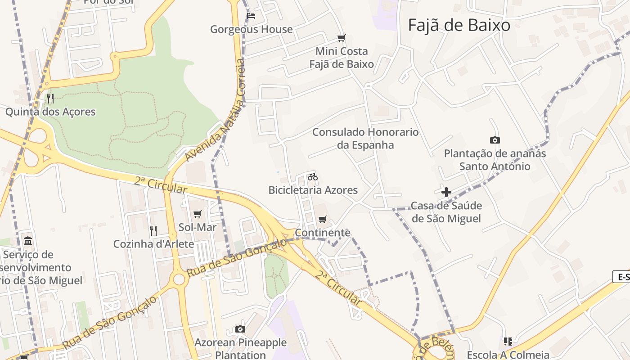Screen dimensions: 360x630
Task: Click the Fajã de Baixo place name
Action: (x=459, y=25)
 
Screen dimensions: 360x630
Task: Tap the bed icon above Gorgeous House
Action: (x=252, y=16)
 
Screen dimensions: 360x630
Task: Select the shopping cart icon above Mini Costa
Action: (x=342, y=38)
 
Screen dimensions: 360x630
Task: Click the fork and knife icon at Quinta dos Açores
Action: (x=50, y=98)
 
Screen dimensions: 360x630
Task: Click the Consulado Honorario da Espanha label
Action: (x=365, y=139)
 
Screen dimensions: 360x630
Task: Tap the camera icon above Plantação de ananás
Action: (x=495, y=140)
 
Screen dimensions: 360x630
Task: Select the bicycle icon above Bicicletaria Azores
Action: (x=313, y=177)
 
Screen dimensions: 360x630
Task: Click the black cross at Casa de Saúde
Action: (x=446, y=193)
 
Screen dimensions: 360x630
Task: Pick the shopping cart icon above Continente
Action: (x=322, y=220)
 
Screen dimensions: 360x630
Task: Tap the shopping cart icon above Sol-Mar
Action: (x=197, y=214)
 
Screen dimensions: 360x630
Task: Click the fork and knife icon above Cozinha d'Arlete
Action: (x=153, y=231)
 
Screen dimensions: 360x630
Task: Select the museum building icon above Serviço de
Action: (x=28, y=241)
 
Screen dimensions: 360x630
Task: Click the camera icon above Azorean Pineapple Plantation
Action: (x=240, y=329)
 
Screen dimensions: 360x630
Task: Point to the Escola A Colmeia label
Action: (x=508, y=355)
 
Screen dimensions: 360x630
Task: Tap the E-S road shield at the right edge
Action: (x=622, y=277)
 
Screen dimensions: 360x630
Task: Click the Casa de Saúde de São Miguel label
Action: (x=446, y=212)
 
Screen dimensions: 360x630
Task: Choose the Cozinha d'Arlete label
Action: (x=153, y=244)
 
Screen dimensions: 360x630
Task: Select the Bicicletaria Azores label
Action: (x=313, y=190)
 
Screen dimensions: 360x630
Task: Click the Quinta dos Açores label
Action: (x=50, y=112)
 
